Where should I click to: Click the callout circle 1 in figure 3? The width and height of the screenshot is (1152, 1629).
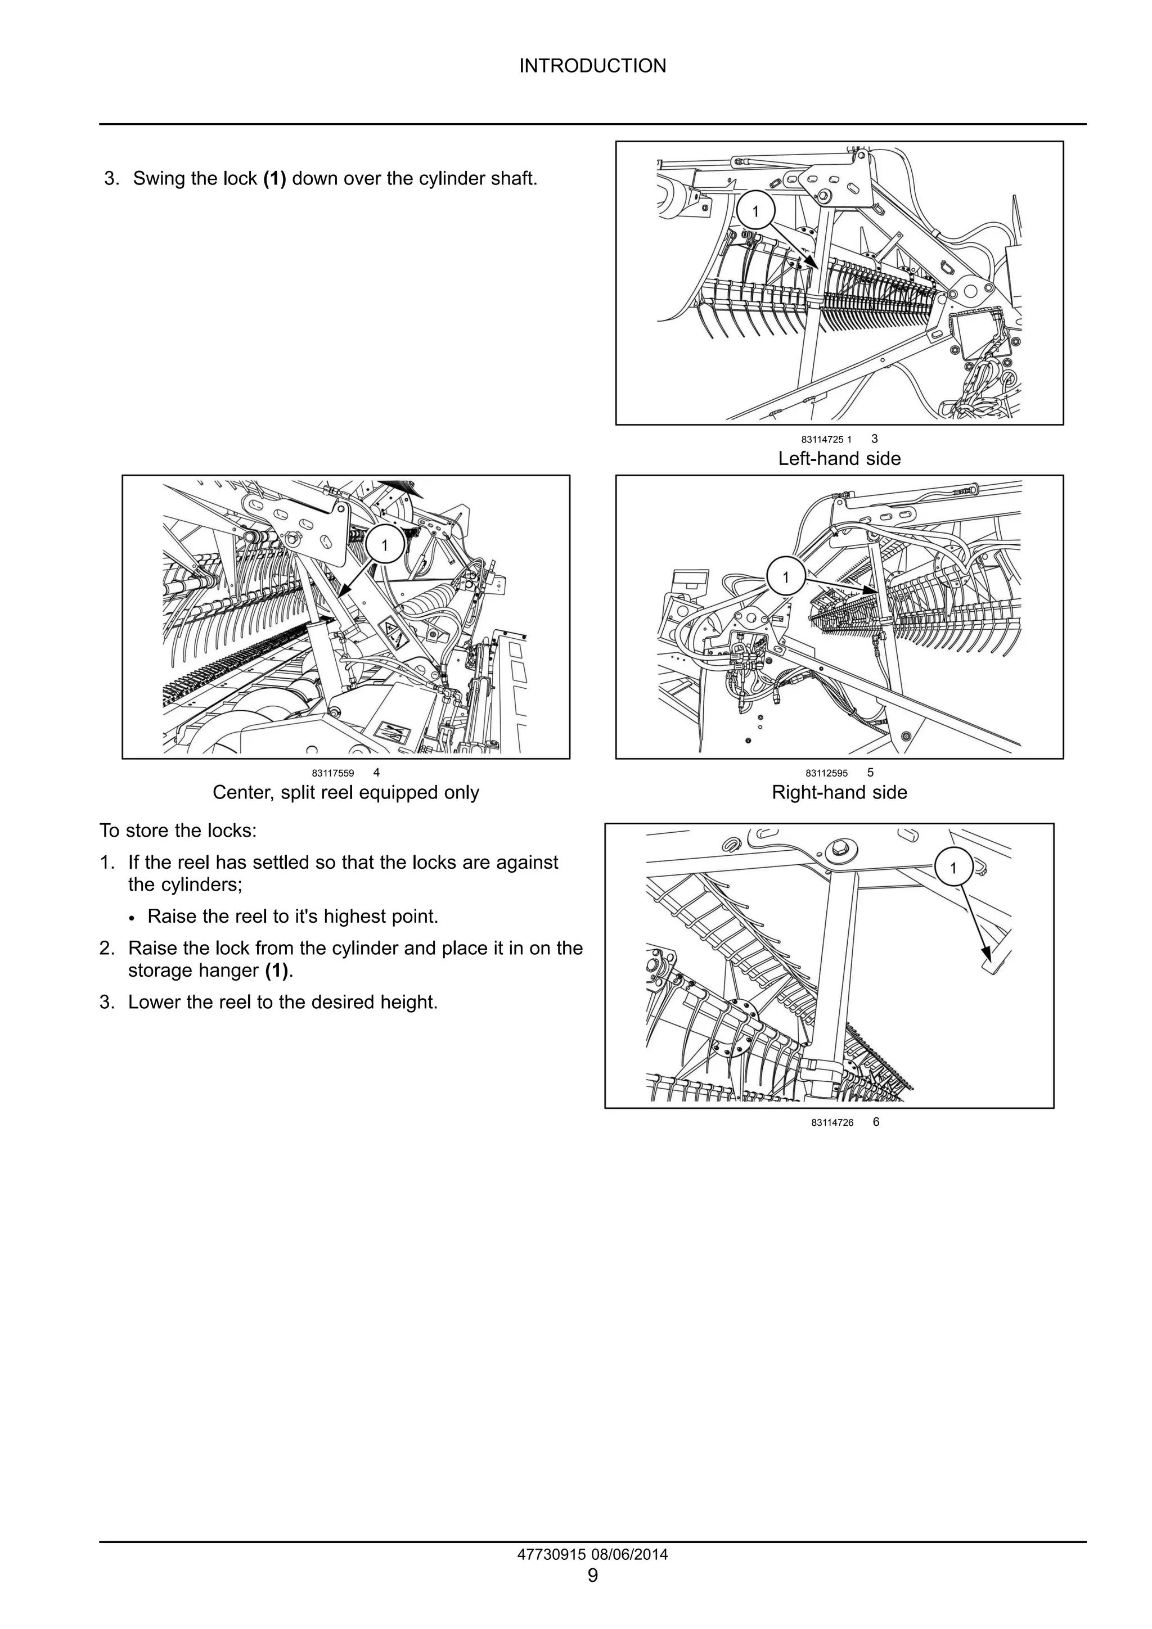pos(755,211)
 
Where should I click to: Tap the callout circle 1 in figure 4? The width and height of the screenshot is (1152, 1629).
pos(385,545)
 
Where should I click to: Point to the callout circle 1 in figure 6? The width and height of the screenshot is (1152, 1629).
pos(952,868)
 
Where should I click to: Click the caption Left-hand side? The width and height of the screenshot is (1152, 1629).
pos(839,458)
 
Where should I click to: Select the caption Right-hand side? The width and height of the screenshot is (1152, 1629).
pos(839,792)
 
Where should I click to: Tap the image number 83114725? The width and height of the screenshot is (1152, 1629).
pos(821,440)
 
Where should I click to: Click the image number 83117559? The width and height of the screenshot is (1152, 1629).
pos(332,773)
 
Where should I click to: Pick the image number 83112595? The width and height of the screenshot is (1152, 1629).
pos(826,773)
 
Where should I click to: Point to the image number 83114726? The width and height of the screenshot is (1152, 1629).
pos(832,1122)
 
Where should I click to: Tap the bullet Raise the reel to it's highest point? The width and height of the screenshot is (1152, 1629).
pos(292,916)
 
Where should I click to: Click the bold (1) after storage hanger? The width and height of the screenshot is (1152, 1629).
pos(277,970)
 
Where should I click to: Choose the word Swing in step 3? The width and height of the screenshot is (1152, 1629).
pos(157,178)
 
